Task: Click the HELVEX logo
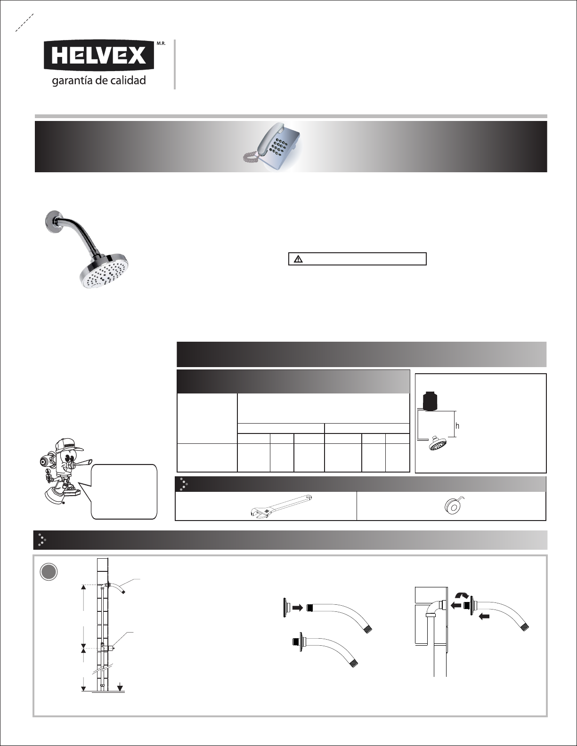(99, 56)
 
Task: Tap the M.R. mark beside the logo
(161, 44)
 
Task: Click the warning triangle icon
(298, 259)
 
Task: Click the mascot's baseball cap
(72, 445)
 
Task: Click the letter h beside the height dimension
(457, 426)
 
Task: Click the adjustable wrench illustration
(281, 505)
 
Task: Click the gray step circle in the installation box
(49, 571)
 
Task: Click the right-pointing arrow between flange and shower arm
(298, 607)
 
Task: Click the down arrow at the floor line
(120, 687)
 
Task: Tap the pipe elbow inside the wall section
(435, 608)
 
